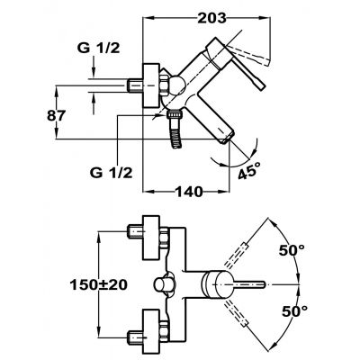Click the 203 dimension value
211,18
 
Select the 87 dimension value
56,115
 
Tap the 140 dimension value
189,192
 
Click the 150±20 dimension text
99,284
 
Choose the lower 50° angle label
295,311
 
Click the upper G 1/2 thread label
99,48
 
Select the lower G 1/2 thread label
112,173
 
